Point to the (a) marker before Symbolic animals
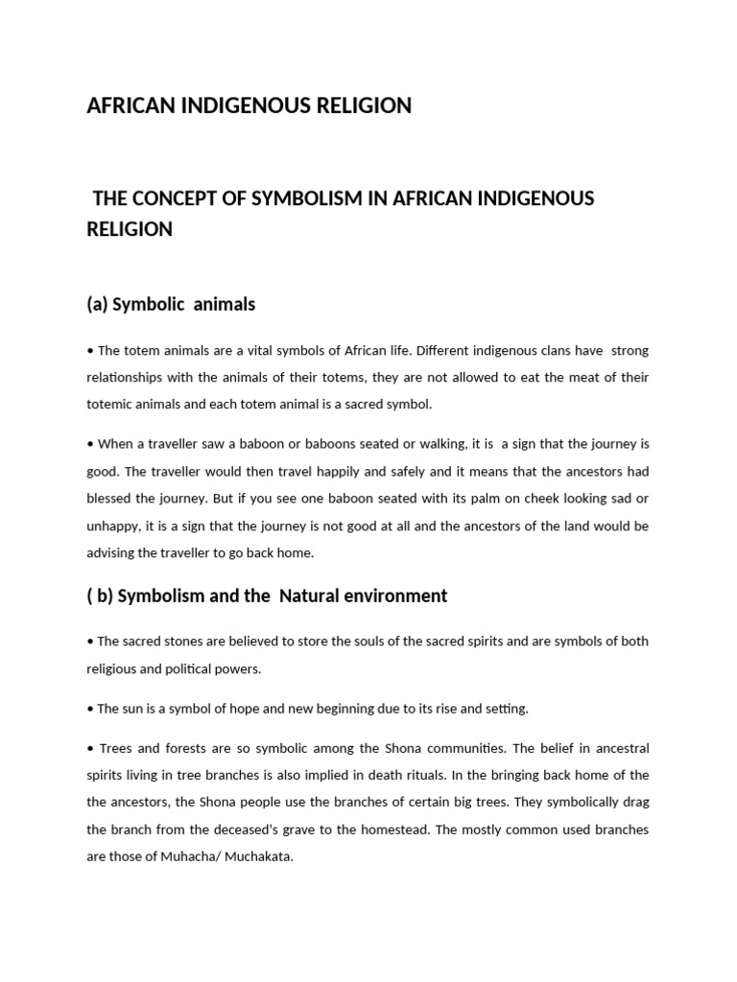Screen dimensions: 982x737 (x=97, y=304)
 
